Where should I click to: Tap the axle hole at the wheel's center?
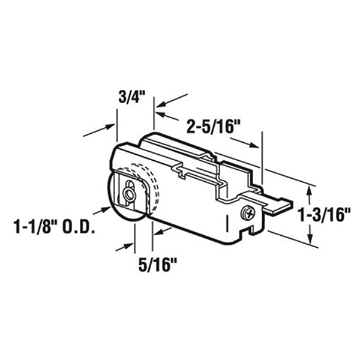point(128,194)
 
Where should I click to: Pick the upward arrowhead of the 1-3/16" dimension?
point(310,190)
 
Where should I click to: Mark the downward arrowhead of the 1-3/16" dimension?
point(310,239)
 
